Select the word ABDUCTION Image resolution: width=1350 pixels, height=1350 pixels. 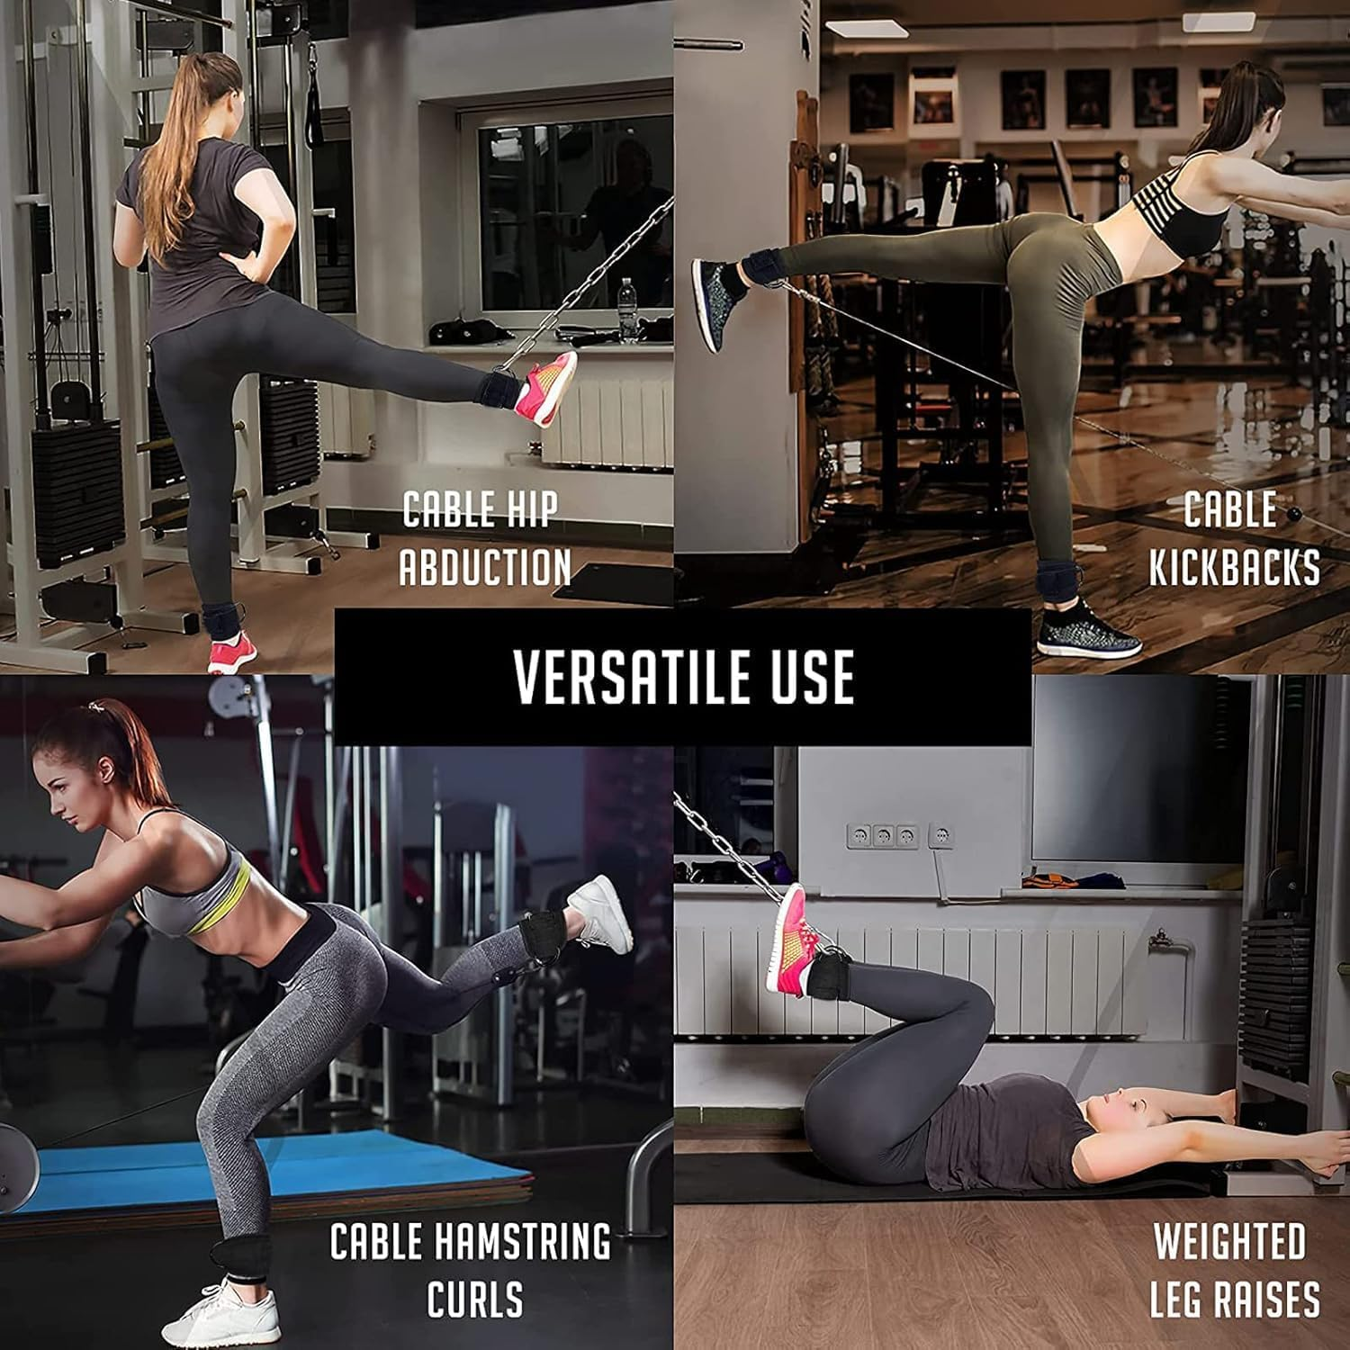(x=485, y=568)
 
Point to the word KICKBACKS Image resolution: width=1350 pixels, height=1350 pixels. (x=1235, y=568)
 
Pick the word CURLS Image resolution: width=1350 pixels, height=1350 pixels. (x=475, y=1300)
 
